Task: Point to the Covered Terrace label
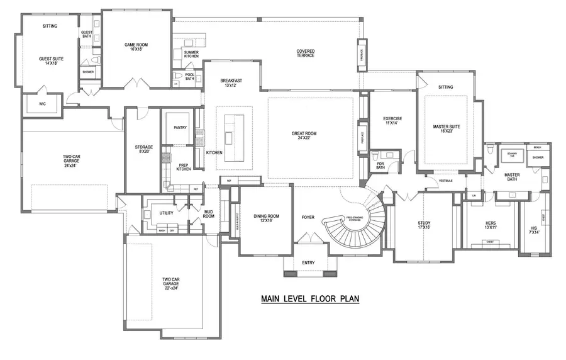[306, 53]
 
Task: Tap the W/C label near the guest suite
[43, 104]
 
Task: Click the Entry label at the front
[308, 262]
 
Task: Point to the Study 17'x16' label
[424, 225]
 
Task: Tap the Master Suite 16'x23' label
[447, 129]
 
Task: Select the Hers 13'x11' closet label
[491, 225]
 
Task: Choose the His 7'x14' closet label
[535, 230]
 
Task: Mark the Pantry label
[180, 128]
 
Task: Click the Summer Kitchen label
[191, 54]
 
